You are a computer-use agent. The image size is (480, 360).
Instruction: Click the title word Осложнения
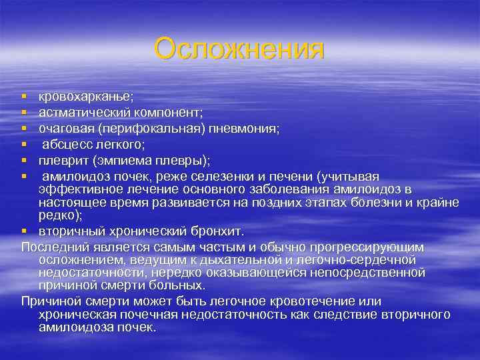click(x=239, y=49)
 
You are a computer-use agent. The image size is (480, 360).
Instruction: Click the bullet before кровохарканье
click(x=24, y=99)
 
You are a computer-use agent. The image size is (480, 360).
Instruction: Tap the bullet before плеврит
click(x=24, y=160)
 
